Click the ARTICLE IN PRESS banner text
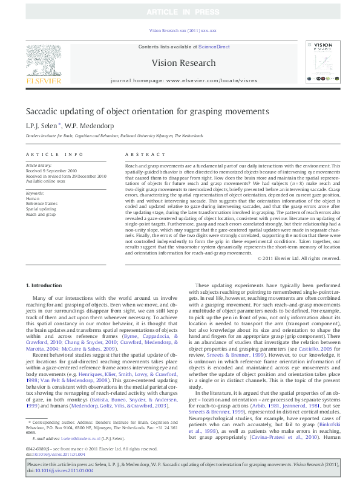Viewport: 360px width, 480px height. click(180, 12)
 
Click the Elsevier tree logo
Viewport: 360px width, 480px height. click(43, 63)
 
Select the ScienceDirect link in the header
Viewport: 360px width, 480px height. click(214, 47)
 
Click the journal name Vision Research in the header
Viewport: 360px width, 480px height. click(183, 63)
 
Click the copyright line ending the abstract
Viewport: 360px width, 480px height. click(290, 258)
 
